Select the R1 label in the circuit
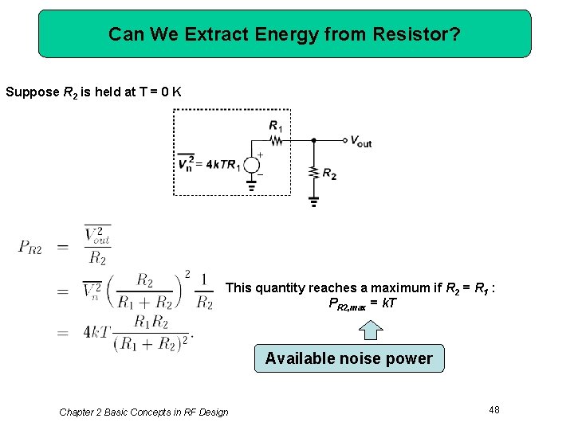(x=276, y=126)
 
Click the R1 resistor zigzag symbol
(x=277, y=141)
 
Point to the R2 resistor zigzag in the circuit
(x=313, y=172)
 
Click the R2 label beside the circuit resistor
(x=329, y=173)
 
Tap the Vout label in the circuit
(x=361, y=142)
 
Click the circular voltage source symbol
(x=251, y=165)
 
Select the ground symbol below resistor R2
(x=313, y=201)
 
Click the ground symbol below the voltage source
(x=251, y=188)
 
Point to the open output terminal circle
(x=344, y=141)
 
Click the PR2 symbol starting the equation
(x=32, y=246)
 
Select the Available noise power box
(x=348, y=358)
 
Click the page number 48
(x=494, y=409)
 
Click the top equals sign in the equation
(x=63, y=246)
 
